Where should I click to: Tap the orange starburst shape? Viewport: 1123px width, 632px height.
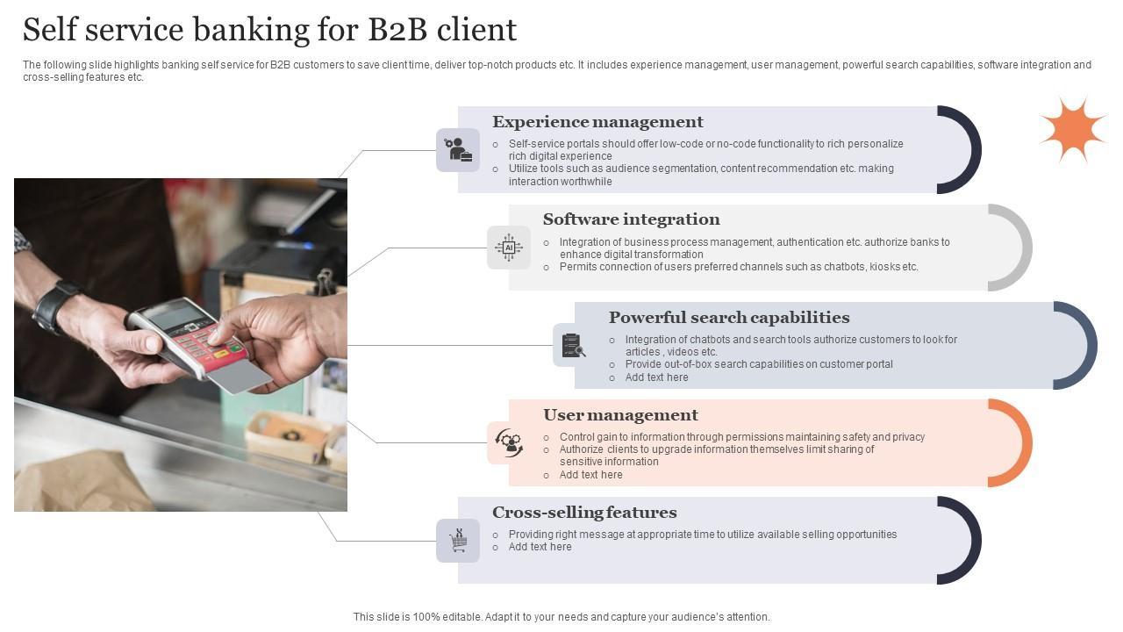click(1072, 130)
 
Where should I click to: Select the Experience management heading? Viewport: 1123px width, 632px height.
click(597, 122)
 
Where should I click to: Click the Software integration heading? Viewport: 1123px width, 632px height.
click(631, 219)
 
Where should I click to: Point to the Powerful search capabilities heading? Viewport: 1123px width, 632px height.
click(728, 317)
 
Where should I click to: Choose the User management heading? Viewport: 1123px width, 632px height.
click(620, 414)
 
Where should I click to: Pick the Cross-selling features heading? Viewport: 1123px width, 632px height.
click(584, 512)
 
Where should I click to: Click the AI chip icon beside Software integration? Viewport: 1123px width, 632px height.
click(509, 248)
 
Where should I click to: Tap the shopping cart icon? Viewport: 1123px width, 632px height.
click(458, 541)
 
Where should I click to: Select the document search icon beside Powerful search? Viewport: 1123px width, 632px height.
click(574, 346)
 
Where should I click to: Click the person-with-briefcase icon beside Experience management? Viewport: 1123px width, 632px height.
click(458, 150)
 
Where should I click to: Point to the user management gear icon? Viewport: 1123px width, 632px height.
click(509, 442)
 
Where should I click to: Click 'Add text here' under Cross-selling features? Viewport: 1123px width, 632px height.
click(540, 547)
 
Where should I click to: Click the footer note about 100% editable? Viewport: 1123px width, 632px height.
click(561, 617)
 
